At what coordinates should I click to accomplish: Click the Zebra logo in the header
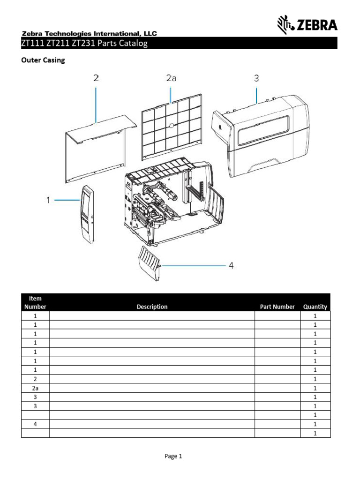(x=307, y=24)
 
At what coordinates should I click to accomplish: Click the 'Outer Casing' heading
(x=42, y=60)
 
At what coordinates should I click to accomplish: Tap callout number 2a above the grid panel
(x=172, y=78)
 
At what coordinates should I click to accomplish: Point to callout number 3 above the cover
(x=256, y=78)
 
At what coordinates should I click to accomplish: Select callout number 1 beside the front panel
(x=48, y=200)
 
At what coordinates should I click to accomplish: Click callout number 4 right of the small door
(x=231, y=266)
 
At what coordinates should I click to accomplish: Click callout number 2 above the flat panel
(x=96, y=78)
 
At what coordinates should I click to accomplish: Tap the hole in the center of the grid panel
(x=172, y=126)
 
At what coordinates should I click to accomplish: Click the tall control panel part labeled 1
(x=87, y=214)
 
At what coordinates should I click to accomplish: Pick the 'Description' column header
(x=152, y=307)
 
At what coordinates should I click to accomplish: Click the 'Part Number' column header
(x=277, y=307)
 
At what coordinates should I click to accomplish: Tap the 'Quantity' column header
(x=315, y=307)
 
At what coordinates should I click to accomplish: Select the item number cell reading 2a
(x=35, y=388)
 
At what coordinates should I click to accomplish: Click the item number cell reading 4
(x=35, y=424)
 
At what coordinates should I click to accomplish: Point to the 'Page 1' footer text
(x=173, y=456)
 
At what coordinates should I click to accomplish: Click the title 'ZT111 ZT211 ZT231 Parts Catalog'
(x=84, y=44)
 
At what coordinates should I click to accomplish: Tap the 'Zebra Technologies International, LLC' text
(x=89, y=33)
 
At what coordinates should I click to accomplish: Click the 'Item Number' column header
(x=35, y=302)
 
